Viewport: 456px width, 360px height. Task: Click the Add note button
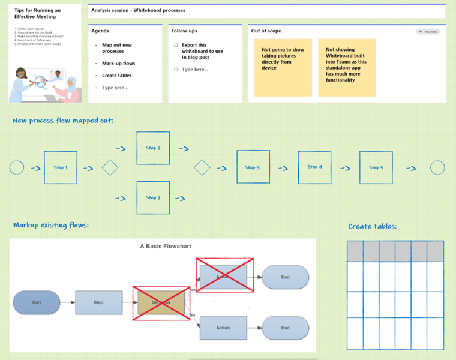pyautogui.click(x=428, y=31)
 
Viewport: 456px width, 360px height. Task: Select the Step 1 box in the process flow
pyautogui.click(x=61, y=167)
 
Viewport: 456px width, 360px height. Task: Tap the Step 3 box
pyautogui.click(x=253, y=167)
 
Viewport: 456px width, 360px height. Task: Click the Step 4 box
pyautogui.click(x=315, y=167)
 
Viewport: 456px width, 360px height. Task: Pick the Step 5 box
pyautogui.click(x=376, y=167)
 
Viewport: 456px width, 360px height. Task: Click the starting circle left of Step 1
pyautogui.click(x=17, y=167)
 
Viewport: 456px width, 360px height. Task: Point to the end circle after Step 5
pyautogui.click(x=438, y=167)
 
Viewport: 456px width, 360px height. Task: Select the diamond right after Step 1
pyautogui.click(x=110, y=167)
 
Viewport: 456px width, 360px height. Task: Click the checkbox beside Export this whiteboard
pyautogui.click(x=176, y=46)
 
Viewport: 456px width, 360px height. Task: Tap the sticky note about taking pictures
pyautogui.click(x=283, y=67)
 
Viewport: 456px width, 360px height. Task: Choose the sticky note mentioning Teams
pyautogui.click(x=347, y=67)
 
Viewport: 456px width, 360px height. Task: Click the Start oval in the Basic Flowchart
pyautogui.click(x=36, y=302)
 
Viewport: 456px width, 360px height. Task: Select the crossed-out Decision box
pyautogui.click(x=161, y=302)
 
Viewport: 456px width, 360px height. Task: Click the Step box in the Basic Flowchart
pyautogui.click(x=98, y=302)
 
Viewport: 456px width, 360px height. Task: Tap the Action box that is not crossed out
pyautogui.click(x=223, y=328)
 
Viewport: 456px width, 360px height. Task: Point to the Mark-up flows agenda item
pyautogui.click(x=118, y=63)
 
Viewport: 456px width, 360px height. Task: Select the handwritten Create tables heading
pyautogui.click(x=373, y=226)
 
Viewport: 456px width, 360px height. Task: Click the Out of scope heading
pyautogui.click(x=266, y=31)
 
